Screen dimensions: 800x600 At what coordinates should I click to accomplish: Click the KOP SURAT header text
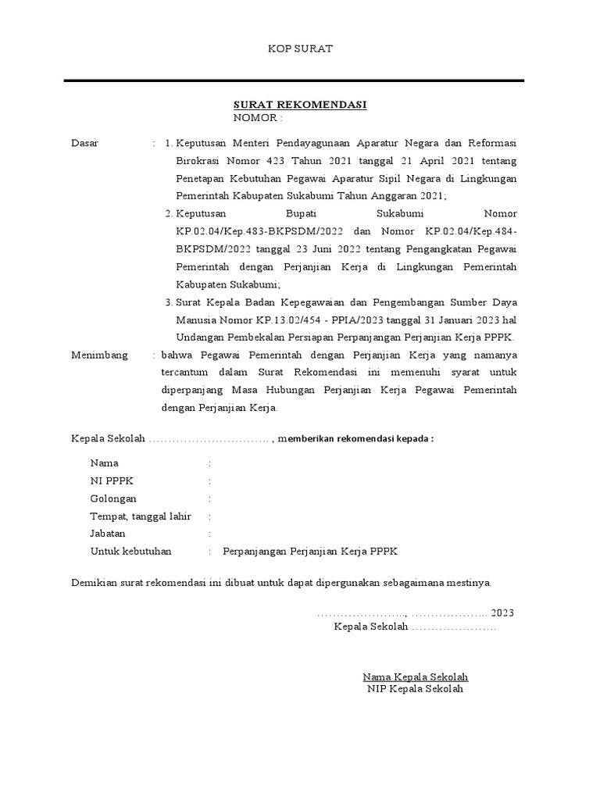pos(301,48)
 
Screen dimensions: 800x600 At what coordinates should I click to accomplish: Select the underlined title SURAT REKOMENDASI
pos(300,105)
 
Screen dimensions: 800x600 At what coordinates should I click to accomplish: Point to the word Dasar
pos(84,143)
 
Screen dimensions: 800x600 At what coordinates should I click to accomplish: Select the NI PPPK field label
pos(112,481)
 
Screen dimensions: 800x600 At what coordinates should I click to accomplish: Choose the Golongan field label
pos(113,498)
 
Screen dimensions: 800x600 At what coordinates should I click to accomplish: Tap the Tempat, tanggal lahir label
pos(141,516)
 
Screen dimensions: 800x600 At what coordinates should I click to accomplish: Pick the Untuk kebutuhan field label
pos(130,552)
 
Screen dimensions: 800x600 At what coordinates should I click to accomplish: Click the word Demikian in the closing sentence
pos(93,583)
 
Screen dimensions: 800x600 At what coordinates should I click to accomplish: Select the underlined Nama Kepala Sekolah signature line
pos(415,677)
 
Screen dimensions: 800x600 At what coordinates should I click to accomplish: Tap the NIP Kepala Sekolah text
pos(415,689)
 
